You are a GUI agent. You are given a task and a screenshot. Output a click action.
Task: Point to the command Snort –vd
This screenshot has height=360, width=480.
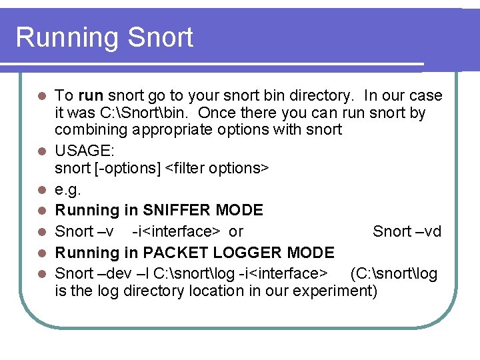coord(407,231)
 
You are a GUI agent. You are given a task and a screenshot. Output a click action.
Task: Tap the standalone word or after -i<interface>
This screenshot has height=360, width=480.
coord(236,231)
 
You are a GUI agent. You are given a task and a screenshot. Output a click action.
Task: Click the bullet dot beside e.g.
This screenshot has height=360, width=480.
coord(41,190)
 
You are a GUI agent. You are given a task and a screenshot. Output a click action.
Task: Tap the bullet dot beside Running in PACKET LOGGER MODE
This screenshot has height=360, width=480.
coord(41,253)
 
